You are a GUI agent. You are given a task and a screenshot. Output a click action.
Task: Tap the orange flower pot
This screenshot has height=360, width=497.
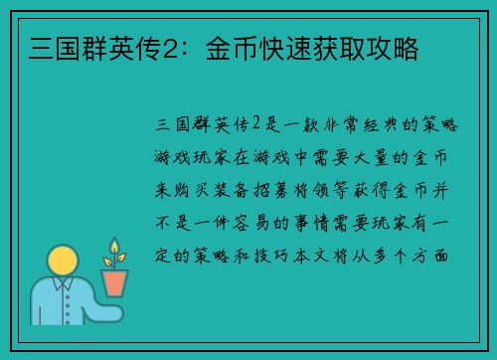pos(115,281)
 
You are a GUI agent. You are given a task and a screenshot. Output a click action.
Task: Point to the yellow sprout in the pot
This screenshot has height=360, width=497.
pos(114,253)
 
